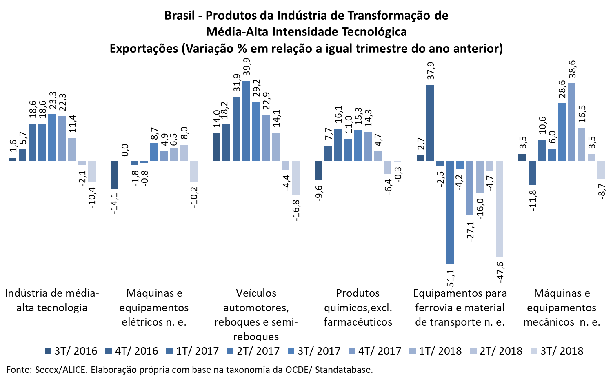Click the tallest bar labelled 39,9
coord(246,121)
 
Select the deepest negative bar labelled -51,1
coord(450,212)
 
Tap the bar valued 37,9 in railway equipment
coord(430,123)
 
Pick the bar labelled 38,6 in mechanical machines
coord(572,122)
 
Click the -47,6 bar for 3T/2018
coord(500,208)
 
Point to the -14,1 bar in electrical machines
coord(115,175)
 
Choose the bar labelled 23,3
coord(52,137)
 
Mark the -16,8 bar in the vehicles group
coord(295,177)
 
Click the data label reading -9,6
coord(319,194)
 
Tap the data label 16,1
coord(339,115)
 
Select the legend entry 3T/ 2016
coord(71,351)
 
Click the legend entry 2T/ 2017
coord(253,351)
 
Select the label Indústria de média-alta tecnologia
coord(52,300)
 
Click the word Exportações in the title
coord(144,49)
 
